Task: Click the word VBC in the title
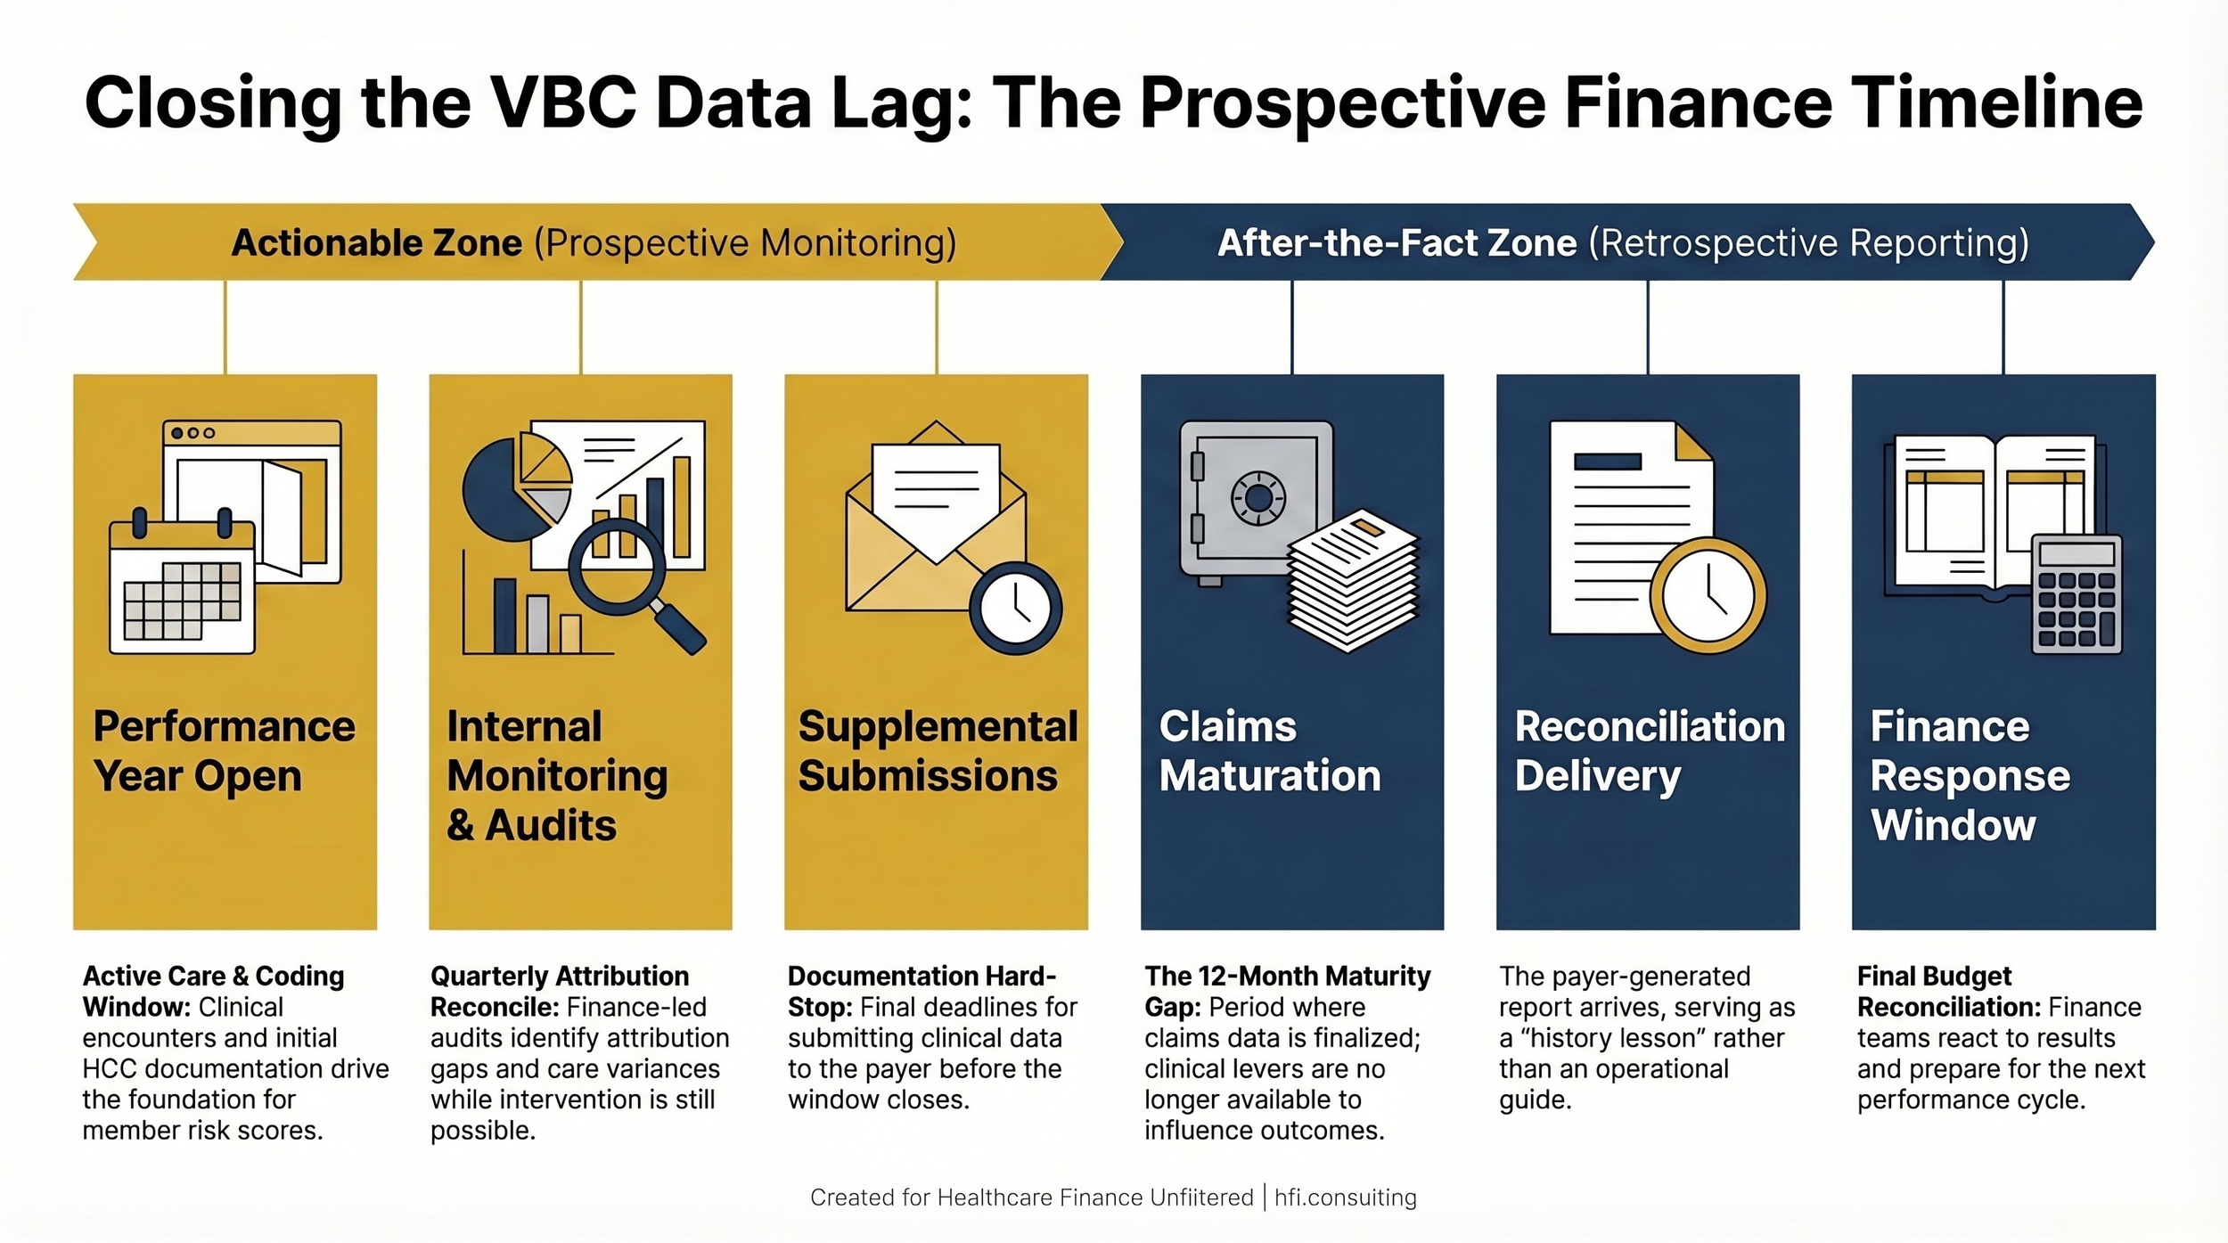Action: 563,102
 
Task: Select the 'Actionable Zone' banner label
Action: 376,243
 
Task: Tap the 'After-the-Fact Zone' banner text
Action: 1397,243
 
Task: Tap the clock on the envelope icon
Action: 1015,609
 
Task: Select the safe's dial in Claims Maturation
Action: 1257,498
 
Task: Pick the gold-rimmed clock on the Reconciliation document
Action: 1707,595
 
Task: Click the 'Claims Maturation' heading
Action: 1269,750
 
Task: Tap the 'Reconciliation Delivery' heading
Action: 1649,750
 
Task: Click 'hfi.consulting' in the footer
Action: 1345,1197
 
